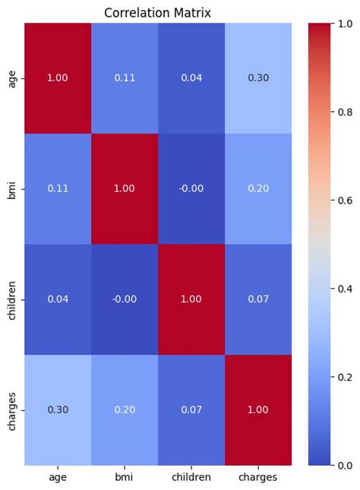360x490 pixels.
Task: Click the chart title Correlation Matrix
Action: [157, 13]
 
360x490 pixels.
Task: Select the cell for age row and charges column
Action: [257, 77]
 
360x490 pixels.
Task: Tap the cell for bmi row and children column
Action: [191, 188]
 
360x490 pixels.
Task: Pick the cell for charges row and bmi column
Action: [125, 409]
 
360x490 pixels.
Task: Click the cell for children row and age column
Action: [58, 299]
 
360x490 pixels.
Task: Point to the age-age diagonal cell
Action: [58, 77]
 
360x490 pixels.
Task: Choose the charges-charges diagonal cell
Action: [257, 409]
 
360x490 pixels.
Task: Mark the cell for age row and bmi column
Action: [125, 77]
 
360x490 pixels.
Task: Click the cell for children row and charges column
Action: [257, 299]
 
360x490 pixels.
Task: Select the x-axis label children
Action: [191, 477]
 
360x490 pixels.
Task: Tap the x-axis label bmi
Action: [125, 477]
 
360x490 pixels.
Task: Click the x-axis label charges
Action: [257, 477]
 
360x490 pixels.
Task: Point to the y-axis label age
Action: [12, 77]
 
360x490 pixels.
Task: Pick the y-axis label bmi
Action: [12, 188]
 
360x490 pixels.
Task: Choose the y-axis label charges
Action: [12, 409]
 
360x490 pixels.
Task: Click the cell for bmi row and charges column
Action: [257, 188]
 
